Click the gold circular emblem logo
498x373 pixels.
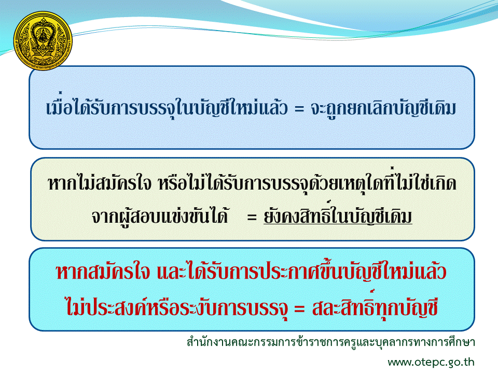tap(43, 40)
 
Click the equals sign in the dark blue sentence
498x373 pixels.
tap(299, 109)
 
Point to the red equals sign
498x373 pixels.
tap(299, 308)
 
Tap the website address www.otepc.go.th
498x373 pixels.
tap(431, 362)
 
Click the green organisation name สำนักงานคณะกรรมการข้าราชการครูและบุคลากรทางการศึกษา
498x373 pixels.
tap(330, 342)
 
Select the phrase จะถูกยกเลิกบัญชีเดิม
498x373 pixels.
tap(383, 107)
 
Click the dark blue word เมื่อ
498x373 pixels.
tap(59, 106)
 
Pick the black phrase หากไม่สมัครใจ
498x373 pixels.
tap(100, 183)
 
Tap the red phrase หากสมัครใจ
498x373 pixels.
tap(103, 272)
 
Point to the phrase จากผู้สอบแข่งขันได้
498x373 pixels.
tap(160, 217)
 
